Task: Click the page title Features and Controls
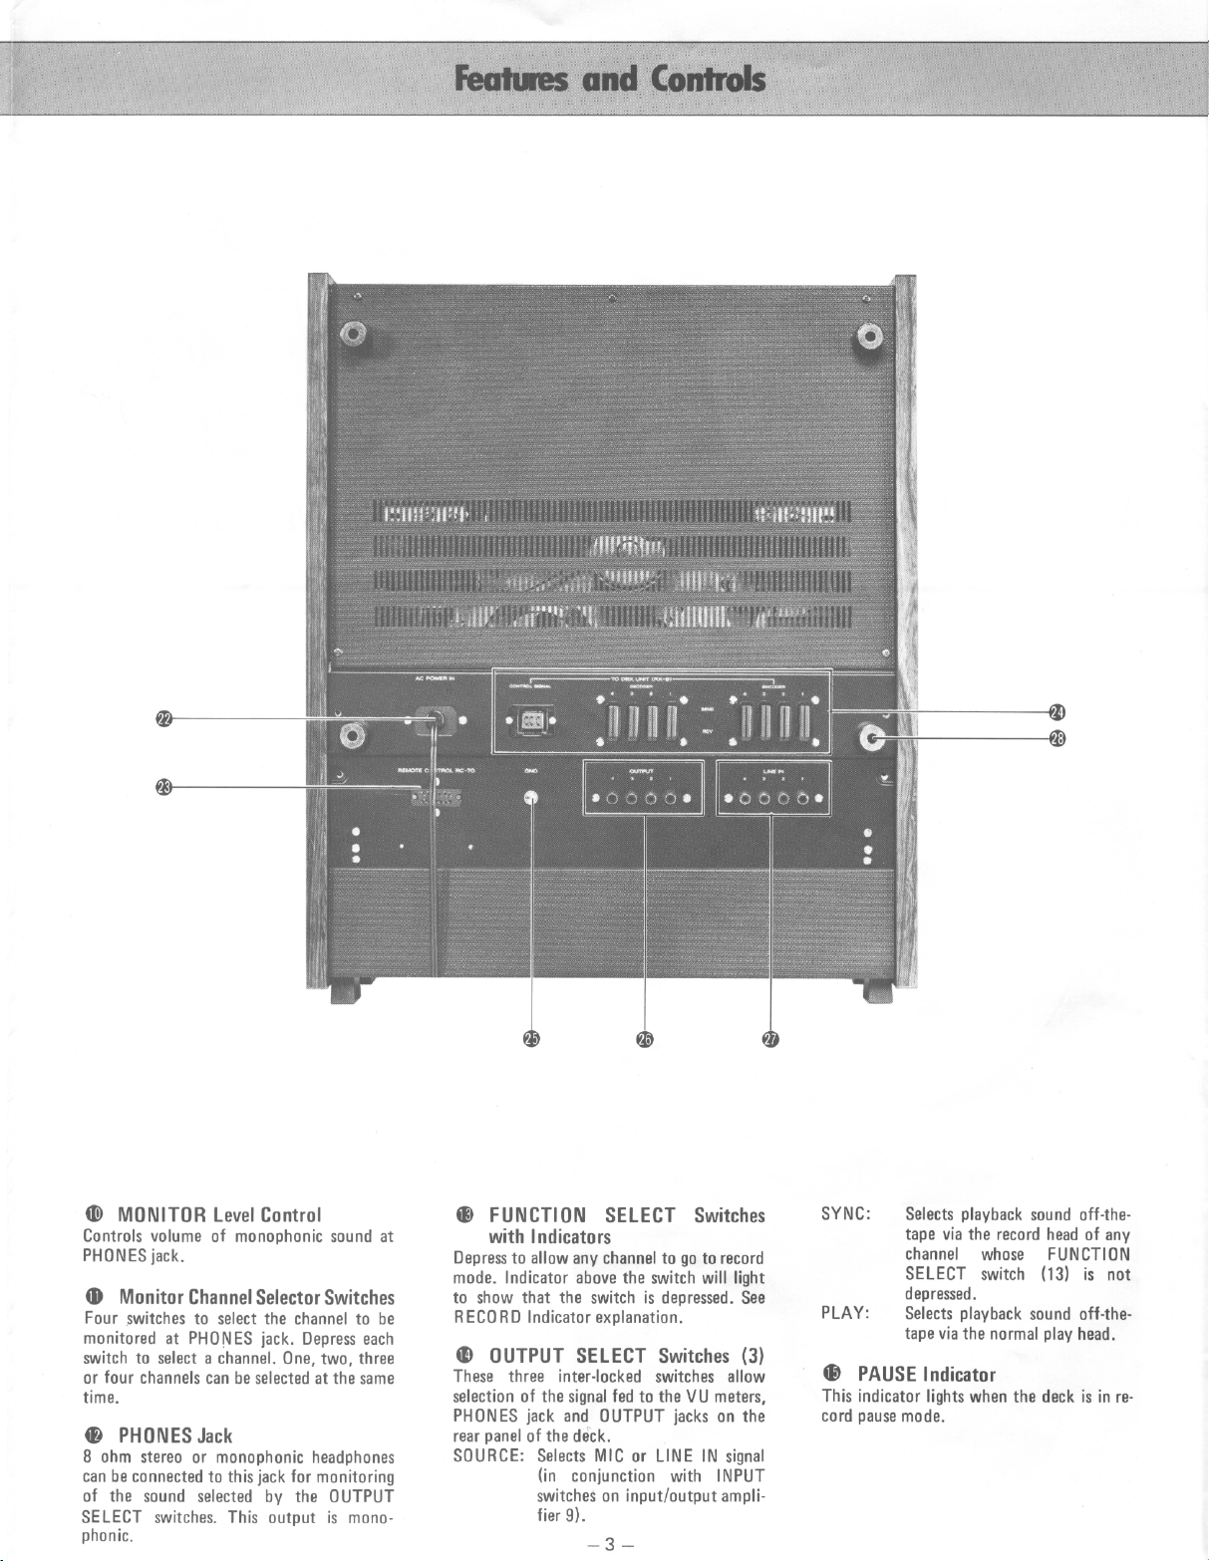tap(610, 79)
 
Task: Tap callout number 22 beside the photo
tap(163, 717)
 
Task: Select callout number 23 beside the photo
tap(163, 787)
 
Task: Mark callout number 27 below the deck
tap(770, 1039)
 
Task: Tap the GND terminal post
tap(531, 797)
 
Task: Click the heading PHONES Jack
tap(175, 1435)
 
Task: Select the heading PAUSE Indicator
tap(926, 1375)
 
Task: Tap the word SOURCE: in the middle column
tap(488, 1455)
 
